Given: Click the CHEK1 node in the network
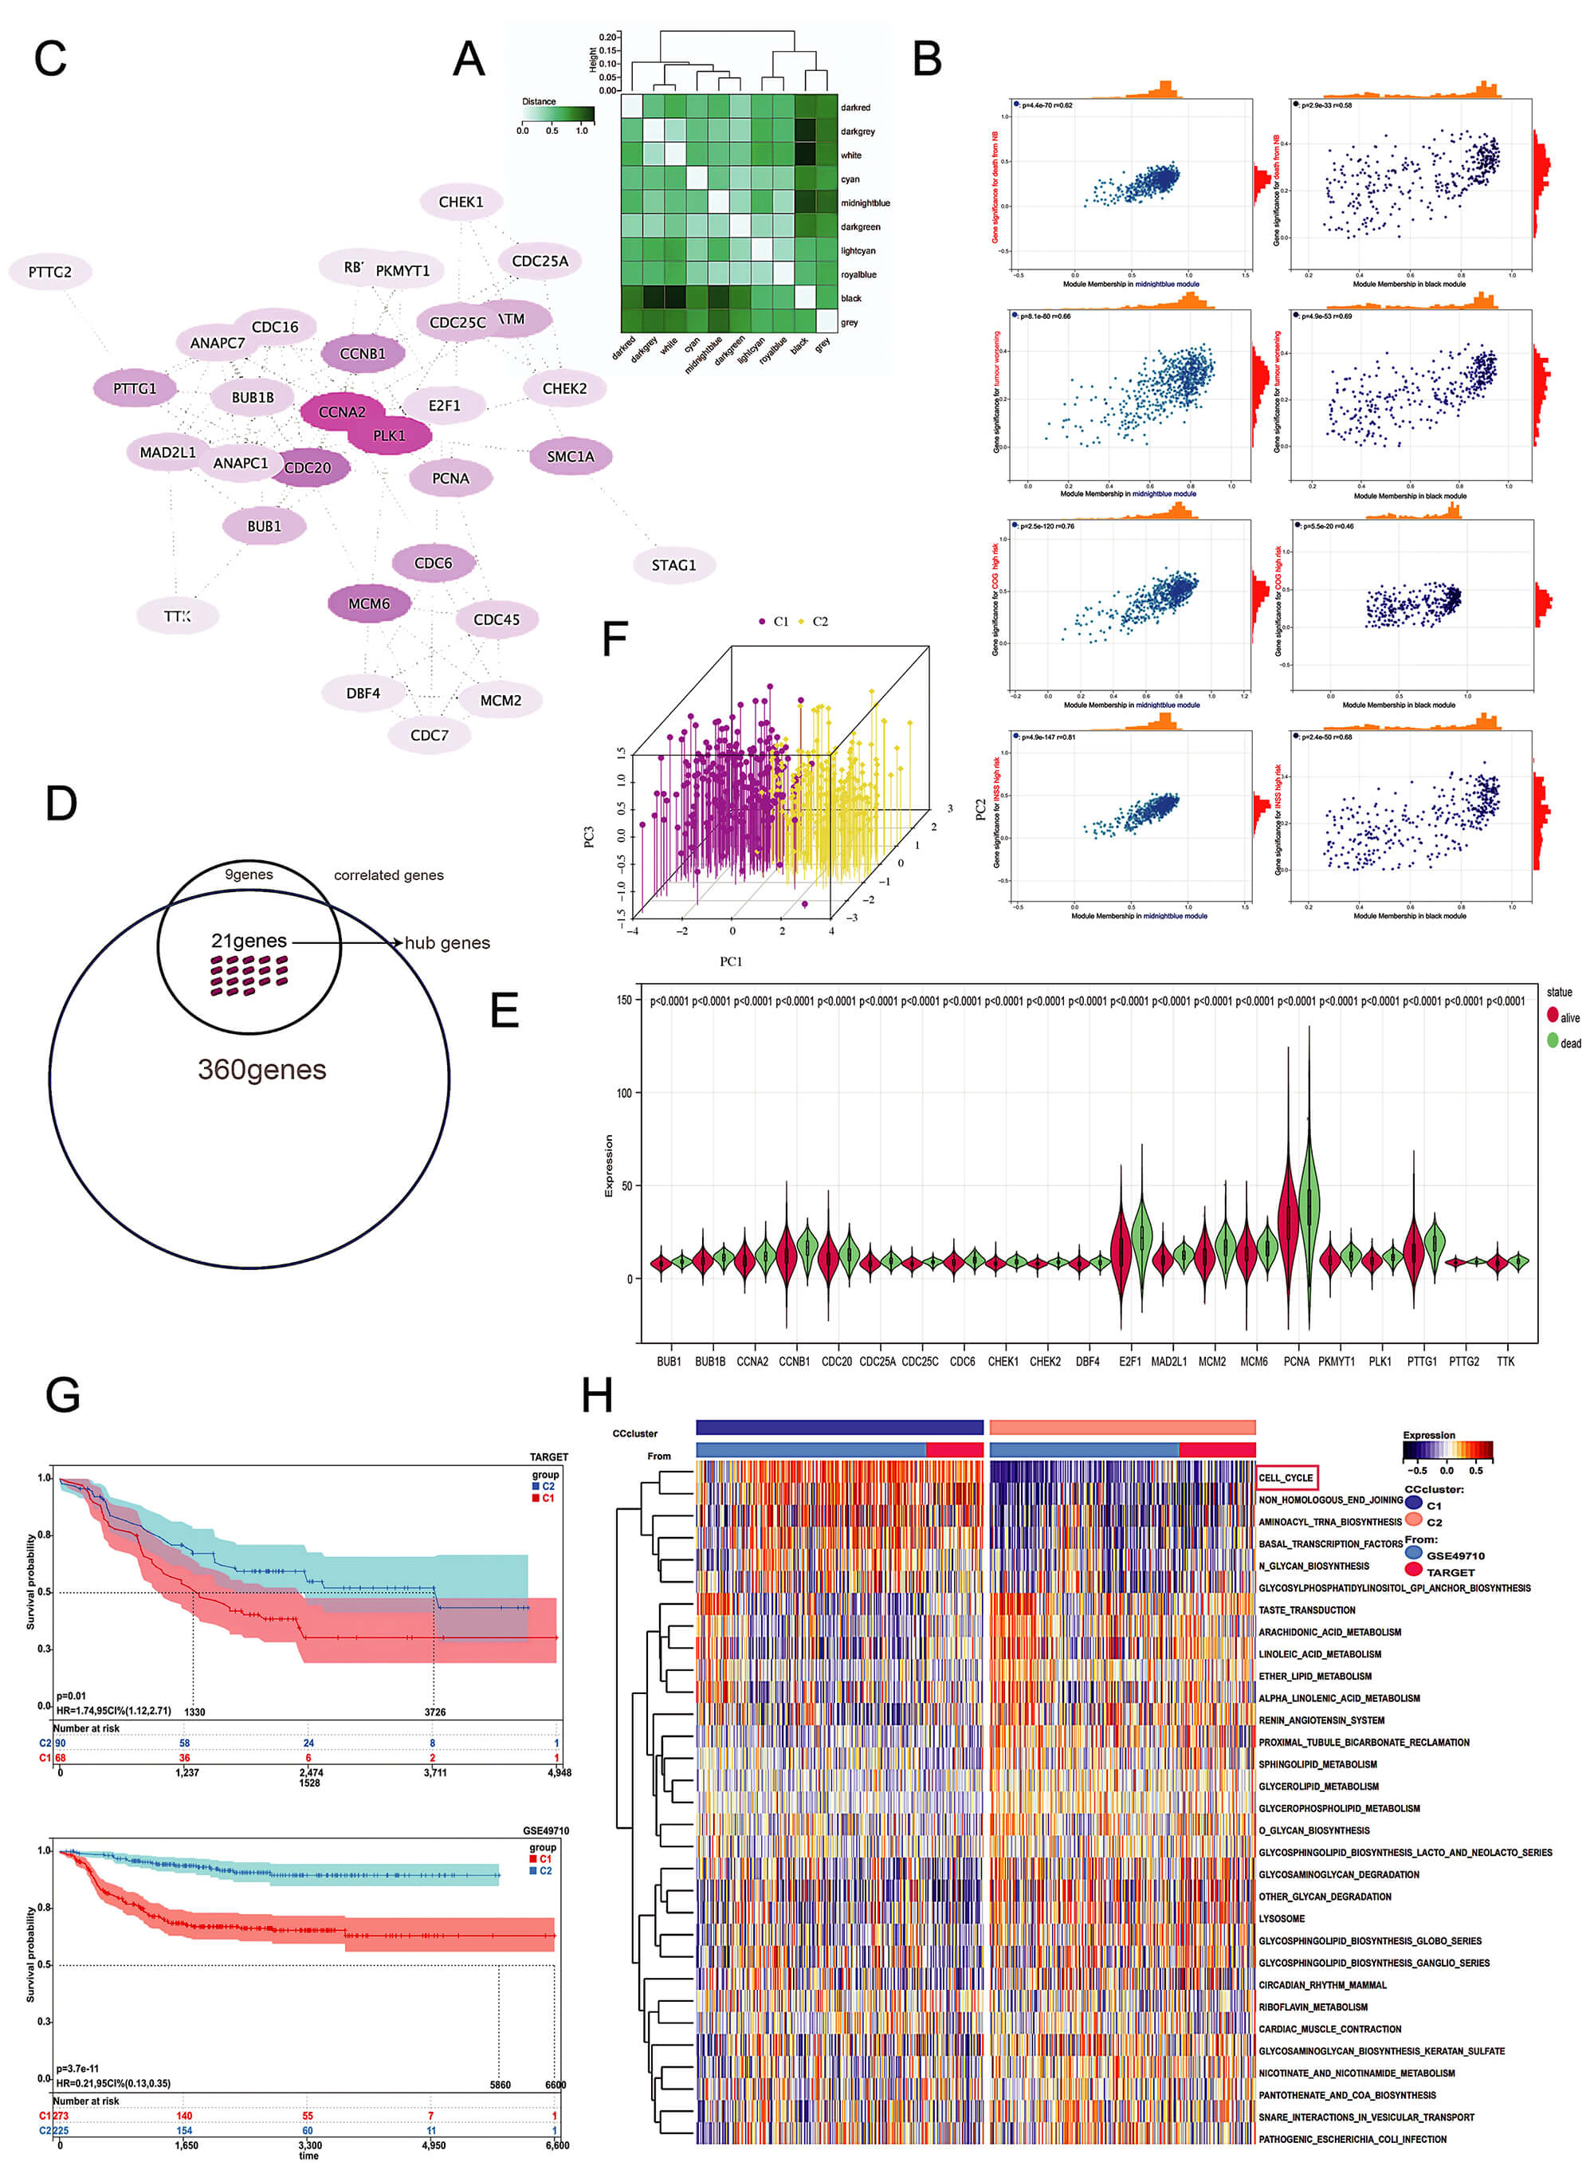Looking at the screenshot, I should pyautogui.click(x=460, y=202).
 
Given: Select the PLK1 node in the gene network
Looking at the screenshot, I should pyautogui.click(x=389, y=436).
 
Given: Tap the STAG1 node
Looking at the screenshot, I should pyautogui.click(x=673, y=565).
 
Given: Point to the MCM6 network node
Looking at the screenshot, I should pyautogui.click(x=368, y=604).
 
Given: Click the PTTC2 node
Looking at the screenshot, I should pyautogui.click(x=49, y=272).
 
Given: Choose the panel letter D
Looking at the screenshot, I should pyautogui.click(x=61, y=803).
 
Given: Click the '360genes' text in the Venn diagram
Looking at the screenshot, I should pyautogui.click(x=261, y=1069).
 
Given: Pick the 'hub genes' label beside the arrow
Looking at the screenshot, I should pyautogui.click(x=447, y=942).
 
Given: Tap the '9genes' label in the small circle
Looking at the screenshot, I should pyautogui.click(x=249, y=875).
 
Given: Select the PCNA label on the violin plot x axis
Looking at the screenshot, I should pyautogui.click(x=1296, y=1362).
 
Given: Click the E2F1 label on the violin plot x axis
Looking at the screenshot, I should pyautogui.click(x=1129, y=1362).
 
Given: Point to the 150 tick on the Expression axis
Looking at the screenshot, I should pyautogui.click(x=624, y=1000).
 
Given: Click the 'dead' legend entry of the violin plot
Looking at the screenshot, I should pyautogui.click(x=1570, y=1043).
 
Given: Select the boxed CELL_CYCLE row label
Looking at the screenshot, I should pyautogui.click(x=1286, y=1477).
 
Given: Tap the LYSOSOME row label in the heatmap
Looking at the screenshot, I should pyautogui.click(x=1282, y=1918).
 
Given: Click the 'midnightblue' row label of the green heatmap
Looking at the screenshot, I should pyautogui.click(x=865, y=202).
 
